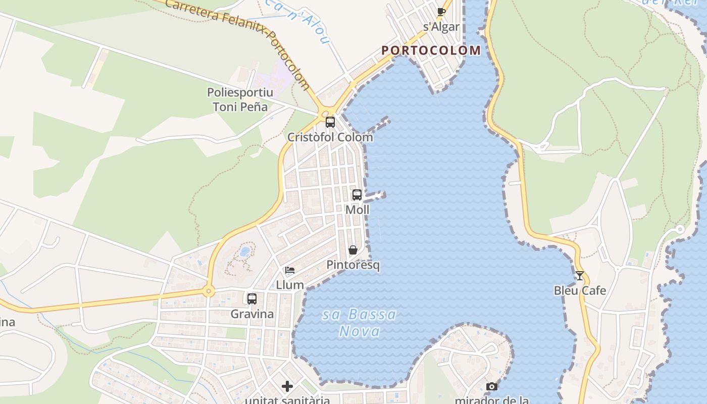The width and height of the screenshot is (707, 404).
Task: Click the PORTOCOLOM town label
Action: tap(431, 50)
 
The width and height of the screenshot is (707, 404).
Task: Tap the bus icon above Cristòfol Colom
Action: tap(330, 122)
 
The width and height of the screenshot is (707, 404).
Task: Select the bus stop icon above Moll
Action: tap(357, 194)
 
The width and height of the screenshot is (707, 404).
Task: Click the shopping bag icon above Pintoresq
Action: tap(353, 250)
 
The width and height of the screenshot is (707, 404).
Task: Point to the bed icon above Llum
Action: tap(290, 270)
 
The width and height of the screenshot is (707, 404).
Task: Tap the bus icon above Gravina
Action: tap(252, 298)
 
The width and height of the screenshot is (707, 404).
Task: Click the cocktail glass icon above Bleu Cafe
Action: tap(579, 276)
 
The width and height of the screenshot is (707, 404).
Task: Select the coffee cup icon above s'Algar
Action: tap(441, 12)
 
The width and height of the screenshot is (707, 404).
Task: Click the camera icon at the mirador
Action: tap(491, 387)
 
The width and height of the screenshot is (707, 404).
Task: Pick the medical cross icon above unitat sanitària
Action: tap(287, 387)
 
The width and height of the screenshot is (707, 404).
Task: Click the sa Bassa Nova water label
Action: tap(360, 323)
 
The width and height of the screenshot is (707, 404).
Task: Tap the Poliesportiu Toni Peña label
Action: tap(240, 99)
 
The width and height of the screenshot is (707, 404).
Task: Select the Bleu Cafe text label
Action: tap(580, 290)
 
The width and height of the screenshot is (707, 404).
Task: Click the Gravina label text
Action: tap(252, 314)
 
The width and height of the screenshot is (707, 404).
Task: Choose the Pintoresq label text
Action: tap(353, 265)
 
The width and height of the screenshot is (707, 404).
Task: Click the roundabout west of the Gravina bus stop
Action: tap(208, 291)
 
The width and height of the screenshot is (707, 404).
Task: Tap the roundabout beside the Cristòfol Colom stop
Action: tap(325, 112)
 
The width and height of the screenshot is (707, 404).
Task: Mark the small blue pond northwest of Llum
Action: tap(245, 251)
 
